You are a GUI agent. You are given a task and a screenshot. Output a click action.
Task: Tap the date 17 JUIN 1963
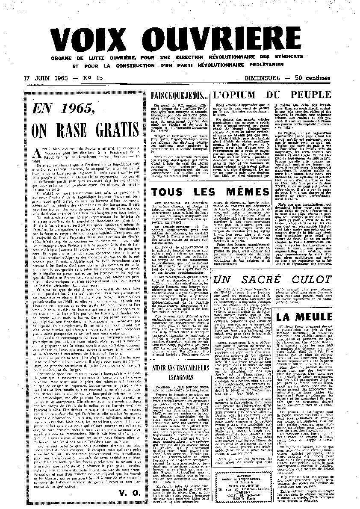43,78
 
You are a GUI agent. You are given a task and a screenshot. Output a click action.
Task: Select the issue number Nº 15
93,78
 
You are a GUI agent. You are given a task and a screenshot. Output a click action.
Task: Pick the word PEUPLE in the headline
311,95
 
